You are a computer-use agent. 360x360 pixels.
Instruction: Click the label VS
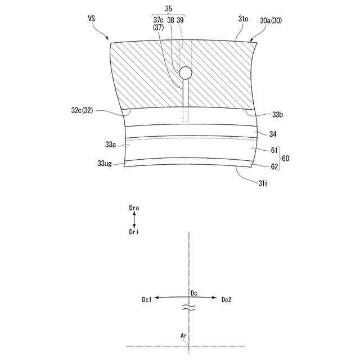point(91,19)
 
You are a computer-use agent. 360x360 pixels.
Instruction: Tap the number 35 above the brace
point(168,9)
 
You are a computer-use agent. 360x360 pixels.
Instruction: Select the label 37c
point(158,20)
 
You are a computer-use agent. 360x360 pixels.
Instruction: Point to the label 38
point(171,20)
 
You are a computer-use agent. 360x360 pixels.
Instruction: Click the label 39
point(180,20)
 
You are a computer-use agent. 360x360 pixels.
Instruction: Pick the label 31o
point(243,19)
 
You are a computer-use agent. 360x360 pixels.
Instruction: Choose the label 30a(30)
point(271,21)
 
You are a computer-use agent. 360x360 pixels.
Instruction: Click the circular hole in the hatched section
point(185,73)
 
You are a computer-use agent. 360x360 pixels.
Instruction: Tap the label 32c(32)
point(82,110)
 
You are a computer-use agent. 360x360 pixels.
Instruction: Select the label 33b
point(277,115)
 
